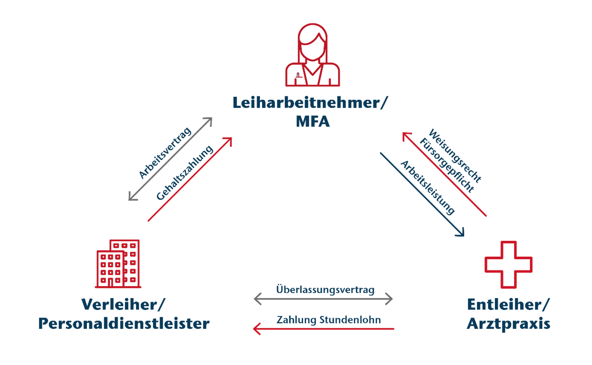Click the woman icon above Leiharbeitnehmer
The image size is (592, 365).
tap(313, 55)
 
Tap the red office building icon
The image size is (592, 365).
tap(118, 264)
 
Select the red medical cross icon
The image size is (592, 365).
tap(508, 265)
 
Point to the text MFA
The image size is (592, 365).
tap(313, 122)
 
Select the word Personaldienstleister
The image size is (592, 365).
tap(124, 324)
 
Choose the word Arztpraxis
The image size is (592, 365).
tap(509, 324)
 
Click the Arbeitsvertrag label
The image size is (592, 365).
tap(165, 153)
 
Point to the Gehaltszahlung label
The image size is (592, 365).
tap(185, 173)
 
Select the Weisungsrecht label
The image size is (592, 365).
tap(455, 155)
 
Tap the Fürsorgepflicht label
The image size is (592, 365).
tap(446, 165)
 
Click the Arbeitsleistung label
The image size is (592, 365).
tap(427, 187)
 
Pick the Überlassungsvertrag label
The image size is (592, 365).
tap(325, 289)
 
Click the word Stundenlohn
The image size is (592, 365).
tap(350, 320)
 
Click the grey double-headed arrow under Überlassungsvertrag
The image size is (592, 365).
tap(323, 299)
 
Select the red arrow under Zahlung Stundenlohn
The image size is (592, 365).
tap(323, 329)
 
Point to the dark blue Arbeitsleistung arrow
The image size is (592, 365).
tap(422, 194)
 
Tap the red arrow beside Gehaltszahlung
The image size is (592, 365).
tap(190, 179)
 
